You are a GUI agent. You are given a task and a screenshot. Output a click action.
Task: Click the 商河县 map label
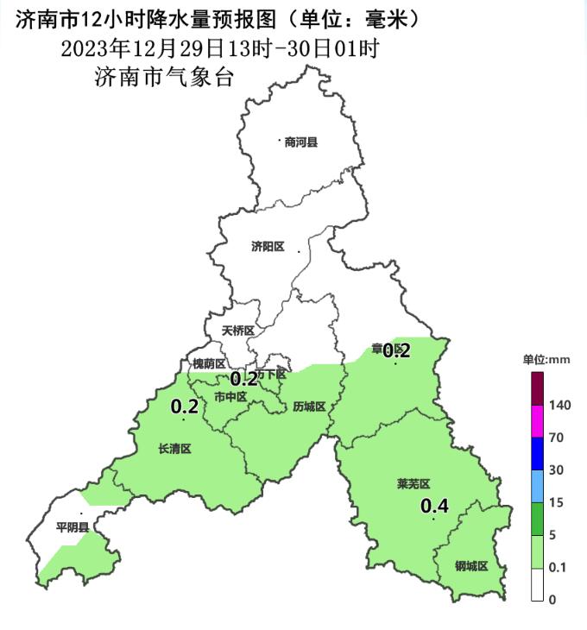point(301,142)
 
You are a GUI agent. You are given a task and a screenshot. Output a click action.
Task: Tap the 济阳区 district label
point(268,246)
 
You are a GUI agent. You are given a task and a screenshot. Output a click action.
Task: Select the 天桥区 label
point(237,331)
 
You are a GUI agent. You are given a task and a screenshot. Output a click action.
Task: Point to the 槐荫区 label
point(209,364)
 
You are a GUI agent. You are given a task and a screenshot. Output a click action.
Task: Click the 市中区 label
point(230,396)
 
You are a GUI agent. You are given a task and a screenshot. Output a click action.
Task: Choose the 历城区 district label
point(308,406)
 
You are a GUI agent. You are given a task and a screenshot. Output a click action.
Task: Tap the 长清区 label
point(174,449)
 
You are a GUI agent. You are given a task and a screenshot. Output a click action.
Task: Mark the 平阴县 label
point(73,526)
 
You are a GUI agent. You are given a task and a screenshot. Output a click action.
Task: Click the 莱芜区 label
point(413,484)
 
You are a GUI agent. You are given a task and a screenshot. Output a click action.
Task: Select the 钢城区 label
point(471,566)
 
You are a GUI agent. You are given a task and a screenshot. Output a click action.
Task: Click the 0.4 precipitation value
point(434,507)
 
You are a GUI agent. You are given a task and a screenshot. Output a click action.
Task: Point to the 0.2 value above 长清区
point(185,406)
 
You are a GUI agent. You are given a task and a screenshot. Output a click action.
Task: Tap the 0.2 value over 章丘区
point(396,350)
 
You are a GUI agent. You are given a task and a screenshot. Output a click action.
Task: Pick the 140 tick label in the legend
point(559,405)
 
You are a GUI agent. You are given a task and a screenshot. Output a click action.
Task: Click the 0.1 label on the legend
point(557,567)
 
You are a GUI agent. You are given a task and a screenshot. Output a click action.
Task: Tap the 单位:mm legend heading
point(546,359)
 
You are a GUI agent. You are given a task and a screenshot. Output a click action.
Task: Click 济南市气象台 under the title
point(164,77)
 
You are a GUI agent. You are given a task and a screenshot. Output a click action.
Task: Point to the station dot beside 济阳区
point(299,251)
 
